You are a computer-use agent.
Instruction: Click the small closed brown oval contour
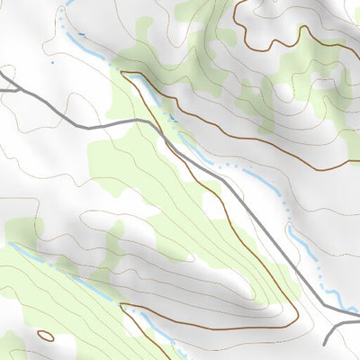point(45,336)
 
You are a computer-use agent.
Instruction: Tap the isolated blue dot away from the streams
point(51,63)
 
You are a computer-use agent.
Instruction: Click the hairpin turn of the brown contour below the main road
point(295,315)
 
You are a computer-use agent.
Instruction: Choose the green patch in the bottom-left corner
point(11,346)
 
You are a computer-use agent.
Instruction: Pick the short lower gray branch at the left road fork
point(9,90)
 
